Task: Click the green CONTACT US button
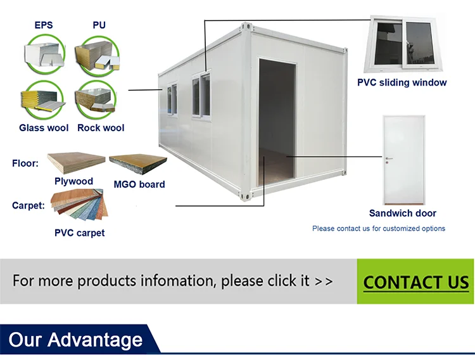point(415,282)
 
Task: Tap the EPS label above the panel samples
point(44,26)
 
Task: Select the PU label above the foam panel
point(99,26)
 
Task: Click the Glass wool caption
point(44,128)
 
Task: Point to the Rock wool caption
point(101,128)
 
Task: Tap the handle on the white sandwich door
point(389,158)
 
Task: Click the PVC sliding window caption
point(402,82)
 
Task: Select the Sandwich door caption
point(402,214)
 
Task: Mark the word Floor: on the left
point(25,164)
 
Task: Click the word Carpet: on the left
point(28,205)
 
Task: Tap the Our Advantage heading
point(75,340)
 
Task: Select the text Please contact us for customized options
point(379,229)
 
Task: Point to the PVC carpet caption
point(79,233)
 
